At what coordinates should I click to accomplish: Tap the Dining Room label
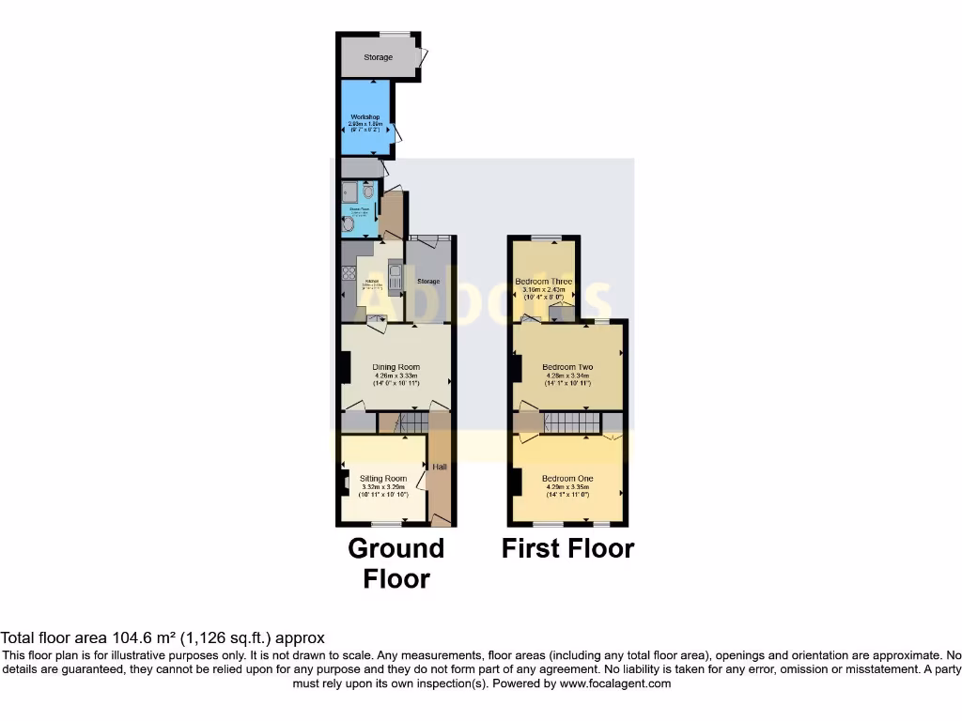pyautogui.click(x=396, y=367)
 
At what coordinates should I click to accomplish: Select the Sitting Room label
pyautogui.click(x=383, y=479)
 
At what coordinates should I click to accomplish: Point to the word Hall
pyautogui.click(x=440, y=467)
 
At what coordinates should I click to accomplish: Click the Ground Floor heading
pyautogui.click(x=396, y=562)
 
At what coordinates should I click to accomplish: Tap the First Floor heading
pyautogui.click(x=567, y=548)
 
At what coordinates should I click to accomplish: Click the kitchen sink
pyautogui.click(x=396, y=278)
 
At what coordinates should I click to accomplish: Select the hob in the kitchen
pyautogui.click(x=348, y=278)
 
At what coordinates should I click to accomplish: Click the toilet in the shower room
pyautogui.click(x=368, y=192)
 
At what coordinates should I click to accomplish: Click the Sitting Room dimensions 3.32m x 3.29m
pyautogui.click(x=383, y=487)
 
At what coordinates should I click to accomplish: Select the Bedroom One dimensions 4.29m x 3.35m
pyautogui.click(x=567, y=487)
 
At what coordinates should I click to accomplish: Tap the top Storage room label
pyautogui.click(x=379, y=57)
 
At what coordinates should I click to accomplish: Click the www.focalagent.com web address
pyautogui.click(x=615, y=683)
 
